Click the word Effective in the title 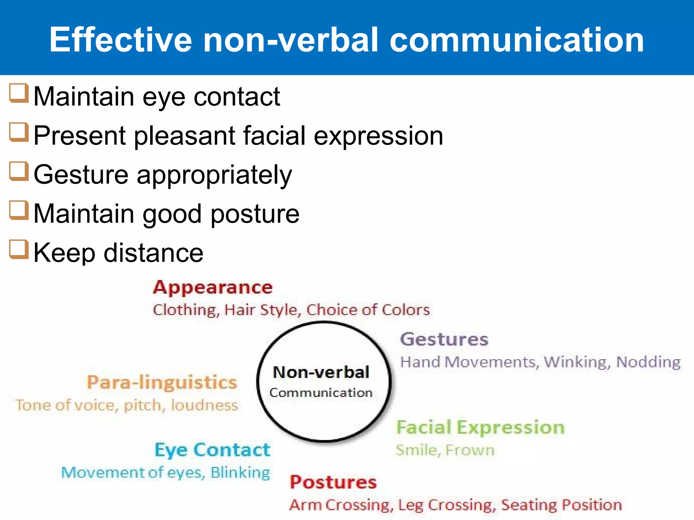121,40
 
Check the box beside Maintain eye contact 18,93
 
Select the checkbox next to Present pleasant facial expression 18,132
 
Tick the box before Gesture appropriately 18,171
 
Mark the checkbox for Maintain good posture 18,210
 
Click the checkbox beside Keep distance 18,249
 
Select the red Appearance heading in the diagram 213,288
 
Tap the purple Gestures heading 444,339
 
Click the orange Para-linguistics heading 162,383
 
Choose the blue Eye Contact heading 212,450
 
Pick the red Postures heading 333,482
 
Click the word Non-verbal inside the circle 321,372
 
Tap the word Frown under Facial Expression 470,450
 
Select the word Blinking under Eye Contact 240,473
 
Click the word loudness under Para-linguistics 204,405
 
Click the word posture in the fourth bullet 255,214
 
